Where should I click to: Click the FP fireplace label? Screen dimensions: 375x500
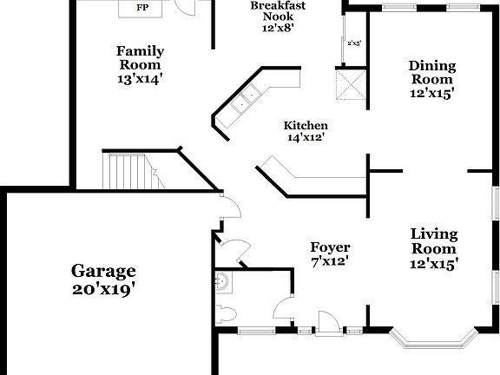coord(141,9)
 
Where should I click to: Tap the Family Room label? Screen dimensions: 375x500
coord(139,64)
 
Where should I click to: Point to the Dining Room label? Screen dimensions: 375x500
coord(431,77)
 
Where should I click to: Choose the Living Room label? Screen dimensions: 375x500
coord(433,247)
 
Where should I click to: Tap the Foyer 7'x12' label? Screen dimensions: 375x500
coord(330,254)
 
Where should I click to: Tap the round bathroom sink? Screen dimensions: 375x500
coord(220,280)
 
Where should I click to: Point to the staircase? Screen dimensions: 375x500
coord(126,171)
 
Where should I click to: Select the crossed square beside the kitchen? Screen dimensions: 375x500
coord(352,85)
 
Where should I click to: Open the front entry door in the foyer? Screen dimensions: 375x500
coord(326,324)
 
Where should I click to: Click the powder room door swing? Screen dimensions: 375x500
coord(282,309)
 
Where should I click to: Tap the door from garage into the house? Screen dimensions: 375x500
coord(227,207)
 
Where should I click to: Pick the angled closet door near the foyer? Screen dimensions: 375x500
coord(233,249)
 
